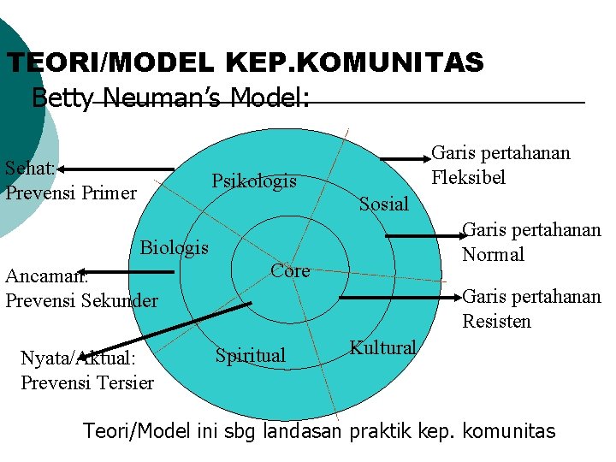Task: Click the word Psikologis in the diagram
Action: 254,181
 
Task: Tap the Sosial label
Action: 384,204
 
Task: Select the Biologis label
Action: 175,248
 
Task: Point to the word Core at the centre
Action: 290,271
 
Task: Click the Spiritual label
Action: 251,355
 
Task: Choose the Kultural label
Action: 382,348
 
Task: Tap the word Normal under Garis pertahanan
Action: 493,254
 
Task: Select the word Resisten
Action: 496,322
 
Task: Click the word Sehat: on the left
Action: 30,168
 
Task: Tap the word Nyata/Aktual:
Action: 74,358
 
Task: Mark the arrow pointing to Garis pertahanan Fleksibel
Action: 402,157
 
